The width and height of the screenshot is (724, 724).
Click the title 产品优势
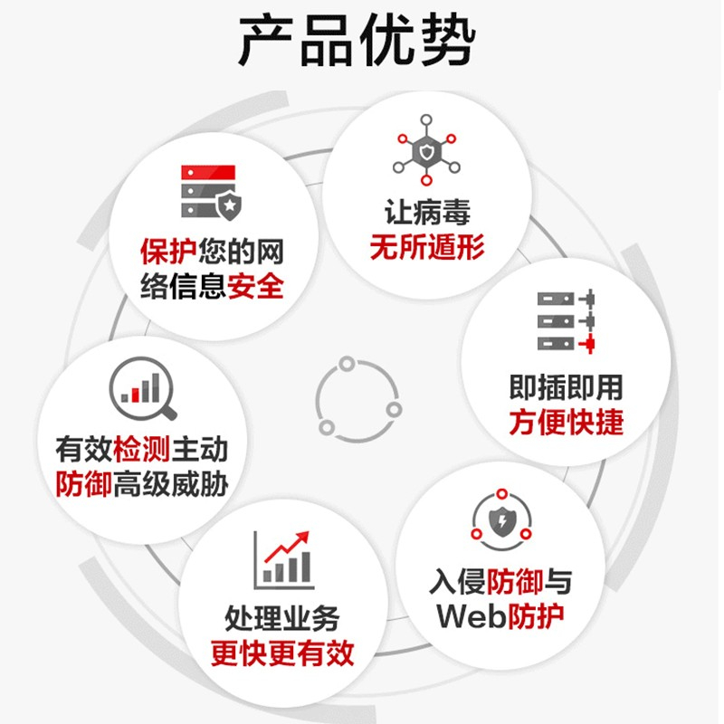pyautogui.click(x=357, y=41)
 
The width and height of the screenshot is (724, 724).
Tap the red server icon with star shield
pyautogui.click(x=211, y=192)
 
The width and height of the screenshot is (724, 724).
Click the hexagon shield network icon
pyautogui.click(x=426, y=150)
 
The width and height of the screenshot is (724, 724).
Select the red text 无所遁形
pyautogui.click(x=427, y=247)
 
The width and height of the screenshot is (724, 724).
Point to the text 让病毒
pyautogui.click(x=427, y=213)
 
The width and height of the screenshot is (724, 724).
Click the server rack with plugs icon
pyautogui.click(x=567, y=321)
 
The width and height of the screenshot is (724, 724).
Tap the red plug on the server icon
pyautogui.click(x=586, y=344)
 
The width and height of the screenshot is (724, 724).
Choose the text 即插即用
pyautogui.click(x=567, y=387)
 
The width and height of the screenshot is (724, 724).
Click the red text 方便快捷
pyautogui.click(x=567, y=422)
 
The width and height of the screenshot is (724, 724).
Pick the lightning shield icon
pyautogui.click(x=501, y=519)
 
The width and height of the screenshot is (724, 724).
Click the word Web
pyautogui.click(x=472, y=616)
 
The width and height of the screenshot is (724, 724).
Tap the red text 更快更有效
pyautogui.click(x=282, y=653)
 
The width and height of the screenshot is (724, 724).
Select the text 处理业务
pyautogui.click(x=282, y=618)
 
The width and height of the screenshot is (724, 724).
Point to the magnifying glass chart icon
pyautogui.click(x=143, y=388)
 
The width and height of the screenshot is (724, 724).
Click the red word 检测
pyautogui.click(x=141, y=449)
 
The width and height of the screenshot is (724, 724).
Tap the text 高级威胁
pyautogui.click(x=170, y=484)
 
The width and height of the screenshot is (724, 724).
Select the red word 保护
pyautogui.click(x=169, y=252)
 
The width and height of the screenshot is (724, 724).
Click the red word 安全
pyautogui.click(x=255, y=286)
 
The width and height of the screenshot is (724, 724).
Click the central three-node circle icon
pyautogui.click(x=358, y=400)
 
